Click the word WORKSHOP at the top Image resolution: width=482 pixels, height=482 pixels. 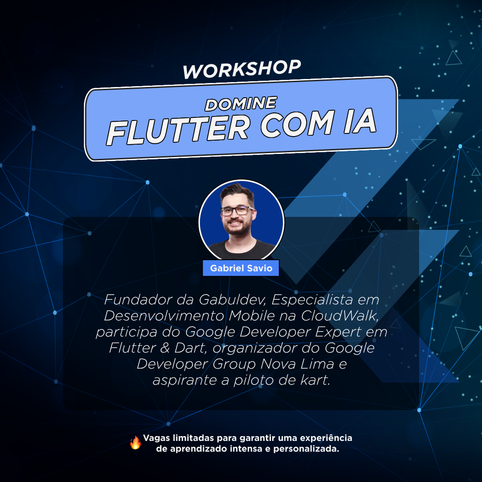pyautogui.click(x=241, y=69)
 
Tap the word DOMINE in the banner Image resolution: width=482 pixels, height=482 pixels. pyautogui.click(x=241, y=103)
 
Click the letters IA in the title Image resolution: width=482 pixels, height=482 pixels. pyautogui.click(x=360, y=121)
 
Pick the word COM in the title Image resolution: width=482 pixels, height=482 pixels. pyautogui.click(x=297, y=125)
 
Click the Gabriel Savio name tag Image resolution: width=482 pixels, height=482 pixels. pyautogui.click(x=241, y=268)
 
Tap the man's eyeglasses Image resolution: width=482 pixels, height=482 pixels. pyautogui.click(x=237, y=211)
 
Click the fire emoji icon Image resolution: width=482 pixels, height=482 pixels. pyautogui.click(x=135, y=442)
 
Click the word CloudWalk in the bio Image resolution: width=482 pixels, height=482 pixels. pyautogui.click(x=340, y=316)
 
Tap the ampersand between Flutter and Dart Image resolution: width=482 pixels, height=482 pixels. pyautogui.click(x=165, y=348)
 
